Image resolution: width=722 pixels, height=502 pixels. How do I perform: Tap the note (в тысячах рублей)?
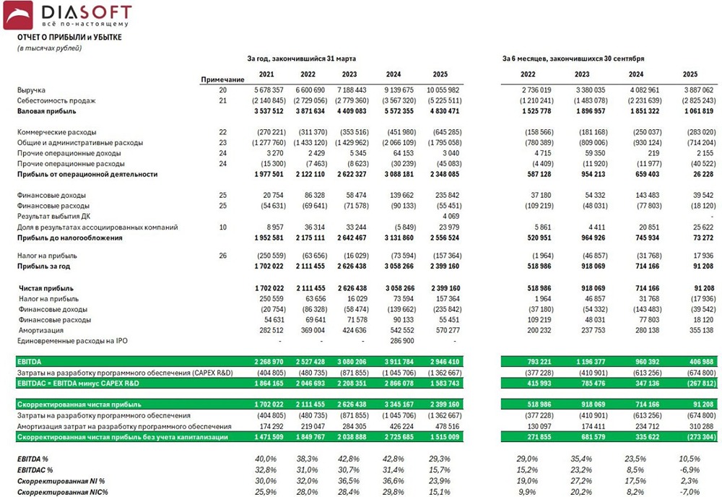[x=49, y=48]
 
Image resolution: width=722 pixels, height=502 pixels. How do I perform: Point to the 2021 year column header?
[x=266, y=74]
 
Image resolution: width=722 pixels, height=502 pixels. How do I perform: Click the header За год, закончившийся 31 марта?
[x=301, y=58]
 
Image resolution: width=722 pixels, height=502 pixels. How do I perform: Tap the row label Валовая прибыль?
[x=46, y=111]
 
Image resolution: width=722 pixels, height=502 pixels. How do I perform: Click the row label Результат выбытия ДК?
[x=55, y=216]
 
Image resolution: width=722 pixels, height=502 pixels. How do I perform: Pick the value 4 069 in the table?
[x=450, y=216]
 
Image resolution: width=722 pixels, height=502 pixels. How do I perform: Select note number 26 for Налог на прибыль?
[x=223, y=256]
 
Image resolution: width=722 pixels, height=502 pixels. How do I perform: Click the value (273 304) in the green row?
[x=698, y=437]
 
